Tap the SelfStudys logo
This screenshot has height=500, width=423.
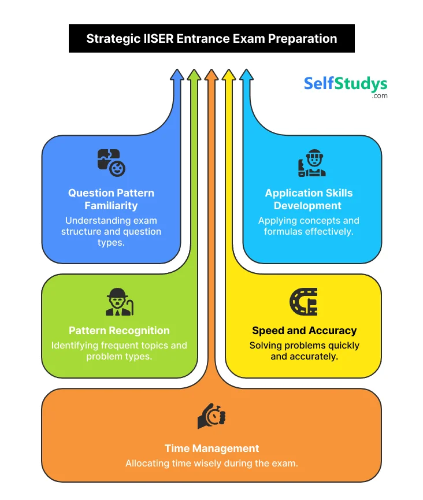pyautogui.click(x=346, y=85)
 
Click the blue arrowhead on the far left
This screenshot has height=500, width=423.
pyautogui.click(x=177, y=75)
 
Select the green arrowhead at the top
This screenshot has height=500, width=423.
pyautogui.click(x=194, y=75)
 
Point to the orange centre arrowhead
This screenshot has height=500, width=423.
pyautogui.click(x=211, y=75)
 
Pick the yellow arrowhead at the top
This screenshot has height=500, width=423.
pyautogui.click(x=229, y=75)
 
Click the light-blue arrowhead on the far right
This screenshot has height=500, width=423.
pyautogui.click(x=246, y=75)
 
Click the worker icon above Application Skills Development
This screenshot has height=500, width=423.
pyautogui.click(x=312, y=163)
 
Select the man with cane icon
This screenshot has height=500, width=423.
pyautogui.click(x=119, y=302)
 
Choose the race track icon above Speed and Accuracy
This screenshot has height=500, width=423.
pyautogui.click(x=303, y=301)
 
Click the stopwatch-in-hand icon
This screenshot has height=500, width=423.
pyautogui.click(x=211, y=416)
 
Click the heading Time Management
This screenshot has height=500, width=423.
pyautogui.click(x=211, y=448)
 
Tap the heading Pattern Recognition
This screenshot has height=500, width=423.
pyautogui.click(x=119, y=331)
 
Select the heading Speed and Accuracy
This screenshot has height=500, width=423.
pyautogui.click(x=304, y=331)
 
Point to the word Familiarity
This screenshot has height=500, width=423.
pyautogui.click(x=111, y=205)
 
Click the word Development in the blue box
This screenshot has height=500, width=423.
pyautogui.click(x=308, y=205)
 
